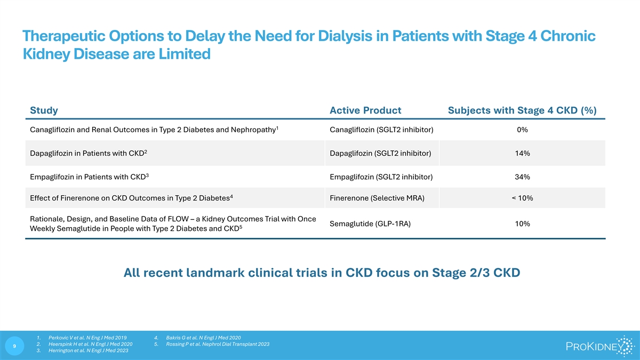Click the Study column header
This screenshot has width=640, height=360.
(x=44, y=110)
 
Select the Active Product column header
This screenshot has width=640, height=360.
(x=365, y=110)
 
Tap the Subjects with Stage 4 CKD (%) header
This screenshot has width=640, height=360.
(x=522, y=110)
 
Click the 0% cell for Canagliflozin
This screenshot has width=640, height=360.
(x=522, y=130)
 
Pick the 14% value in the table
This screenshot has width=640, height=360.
(x=522, y=154)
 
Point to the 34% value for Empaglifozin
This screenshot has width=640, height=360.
(x=522, y=177)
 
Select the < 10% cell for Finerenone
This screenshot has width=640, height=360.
(x=522, y=198)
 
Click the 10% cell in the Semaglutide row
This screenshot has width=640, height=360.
(x=522, y=223)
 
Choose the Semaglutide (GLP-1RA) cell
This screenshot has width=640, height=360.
(x=370, y=223)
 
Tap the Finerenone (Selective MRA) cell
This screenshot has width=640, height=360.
(x=377, y=198)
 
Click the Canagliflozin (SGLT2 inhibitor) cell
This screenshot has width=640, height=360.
(x=381, y=130)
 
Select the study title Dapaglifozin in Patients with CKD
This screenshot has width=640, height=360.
(x=89, y=153)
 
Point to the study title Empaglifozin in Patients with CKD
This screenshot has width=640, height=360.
(x=89, y=177)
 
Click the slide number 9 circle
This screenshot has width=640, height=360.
(x=14, y=346)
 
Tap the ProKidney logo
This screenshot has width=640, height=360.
(x=600, y=346)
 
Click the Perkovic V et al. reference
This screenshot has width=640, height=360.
(x=87, y=338)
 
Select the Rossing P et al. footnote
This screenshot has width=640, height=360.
(x=218, y=344)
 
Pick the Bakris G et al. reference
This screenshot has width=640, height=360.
(x=203, y=338)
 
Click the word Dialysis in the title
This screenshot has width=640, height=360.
(x=345, y=36)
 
